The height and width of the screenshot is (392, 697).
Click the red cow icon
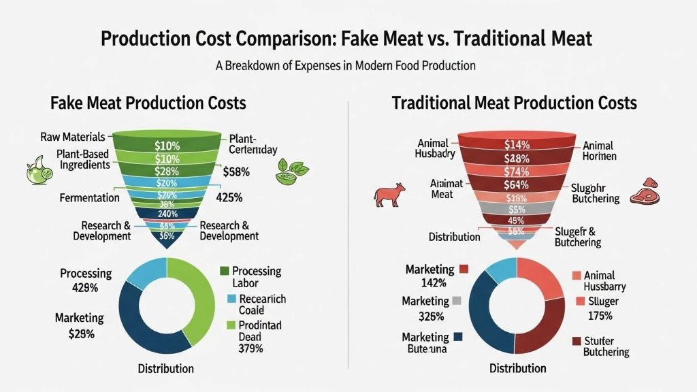coord(389,193)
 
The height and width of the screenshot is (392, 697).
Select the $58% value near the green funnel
coord(236,173)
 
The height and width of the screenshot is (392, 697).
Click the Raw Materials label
coord(73,137)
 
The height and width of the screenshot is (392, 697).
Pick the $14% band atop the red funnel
coord(518,144)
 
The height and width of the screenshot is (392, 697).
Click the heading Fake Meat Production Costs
coord(148,103)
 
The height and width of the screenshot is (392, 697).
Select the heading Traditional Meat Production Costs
coord(514,103)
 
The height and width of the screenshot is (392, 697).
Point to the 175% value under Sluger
coord(600,316)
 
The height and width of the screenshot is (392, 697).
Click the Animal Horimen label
coord(599,150)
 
